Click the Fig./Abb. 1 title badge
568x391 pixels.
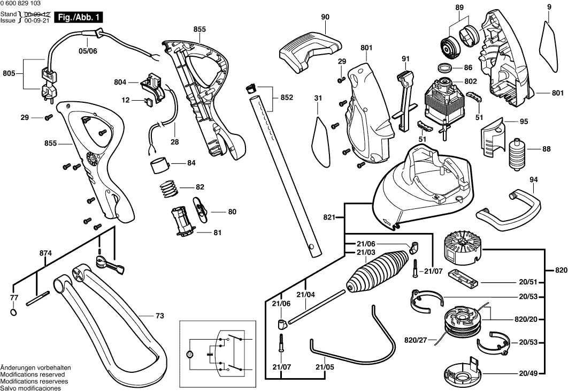tap(80, 18)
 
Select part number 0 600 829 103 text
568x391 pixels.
tap(22, 4)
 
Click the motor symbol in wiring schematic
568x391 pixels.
tap(188, 354)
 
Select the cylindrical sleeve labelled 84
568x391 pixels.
tap(160, 163)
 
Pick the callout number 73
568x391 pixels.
tap(159, 316)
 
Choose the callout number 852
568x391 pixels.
tap(287, 97)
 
